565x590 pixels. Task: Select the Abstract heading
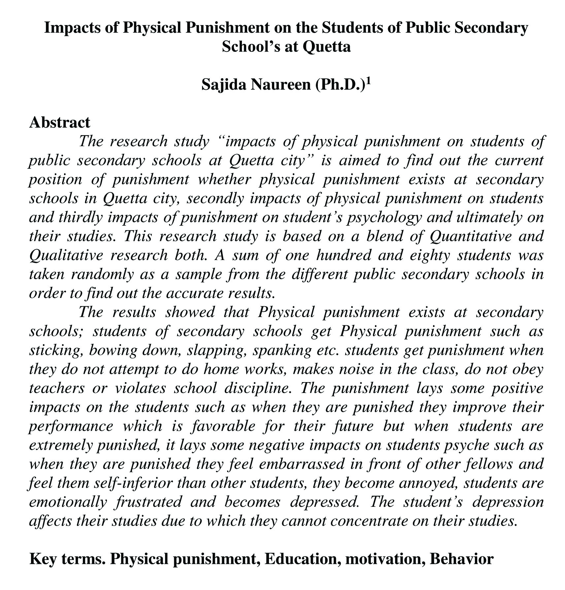tap(59, 122)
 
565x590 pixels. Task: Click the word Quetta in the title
tap(326, 47)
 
